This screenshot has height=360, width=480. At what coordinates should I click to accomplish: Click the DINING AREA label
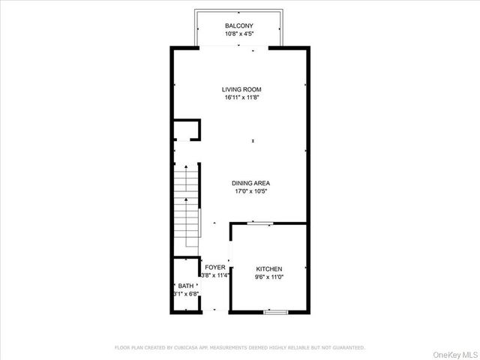click(250, 183)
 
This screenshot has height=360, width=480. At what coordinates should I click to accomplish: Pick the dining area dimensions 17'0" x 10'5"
click(250, 191)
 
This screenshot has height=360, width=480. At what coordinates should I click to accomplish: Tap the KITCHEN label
click(268, 268)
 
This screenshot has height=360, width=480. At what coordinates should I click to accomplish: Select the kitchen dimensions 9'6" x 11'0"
click(268, 277)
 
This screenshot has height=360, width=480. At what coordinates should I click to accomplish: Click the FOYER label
click(214, 267)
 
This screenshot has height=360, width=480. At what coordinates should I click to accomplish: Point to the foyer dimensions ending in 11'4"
click(214, 275)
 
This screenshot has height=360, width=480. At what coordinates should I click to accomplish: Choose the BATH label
click(184, 286)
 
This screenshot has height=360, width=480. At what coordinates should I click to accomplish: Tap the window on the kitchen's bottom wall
click(276, 310)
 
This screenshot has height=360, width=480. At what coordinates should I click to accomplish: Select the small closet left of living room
click(186, 130)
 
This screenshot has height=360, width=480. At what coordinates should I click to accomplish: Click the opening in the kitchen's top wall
click(260, 223)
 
